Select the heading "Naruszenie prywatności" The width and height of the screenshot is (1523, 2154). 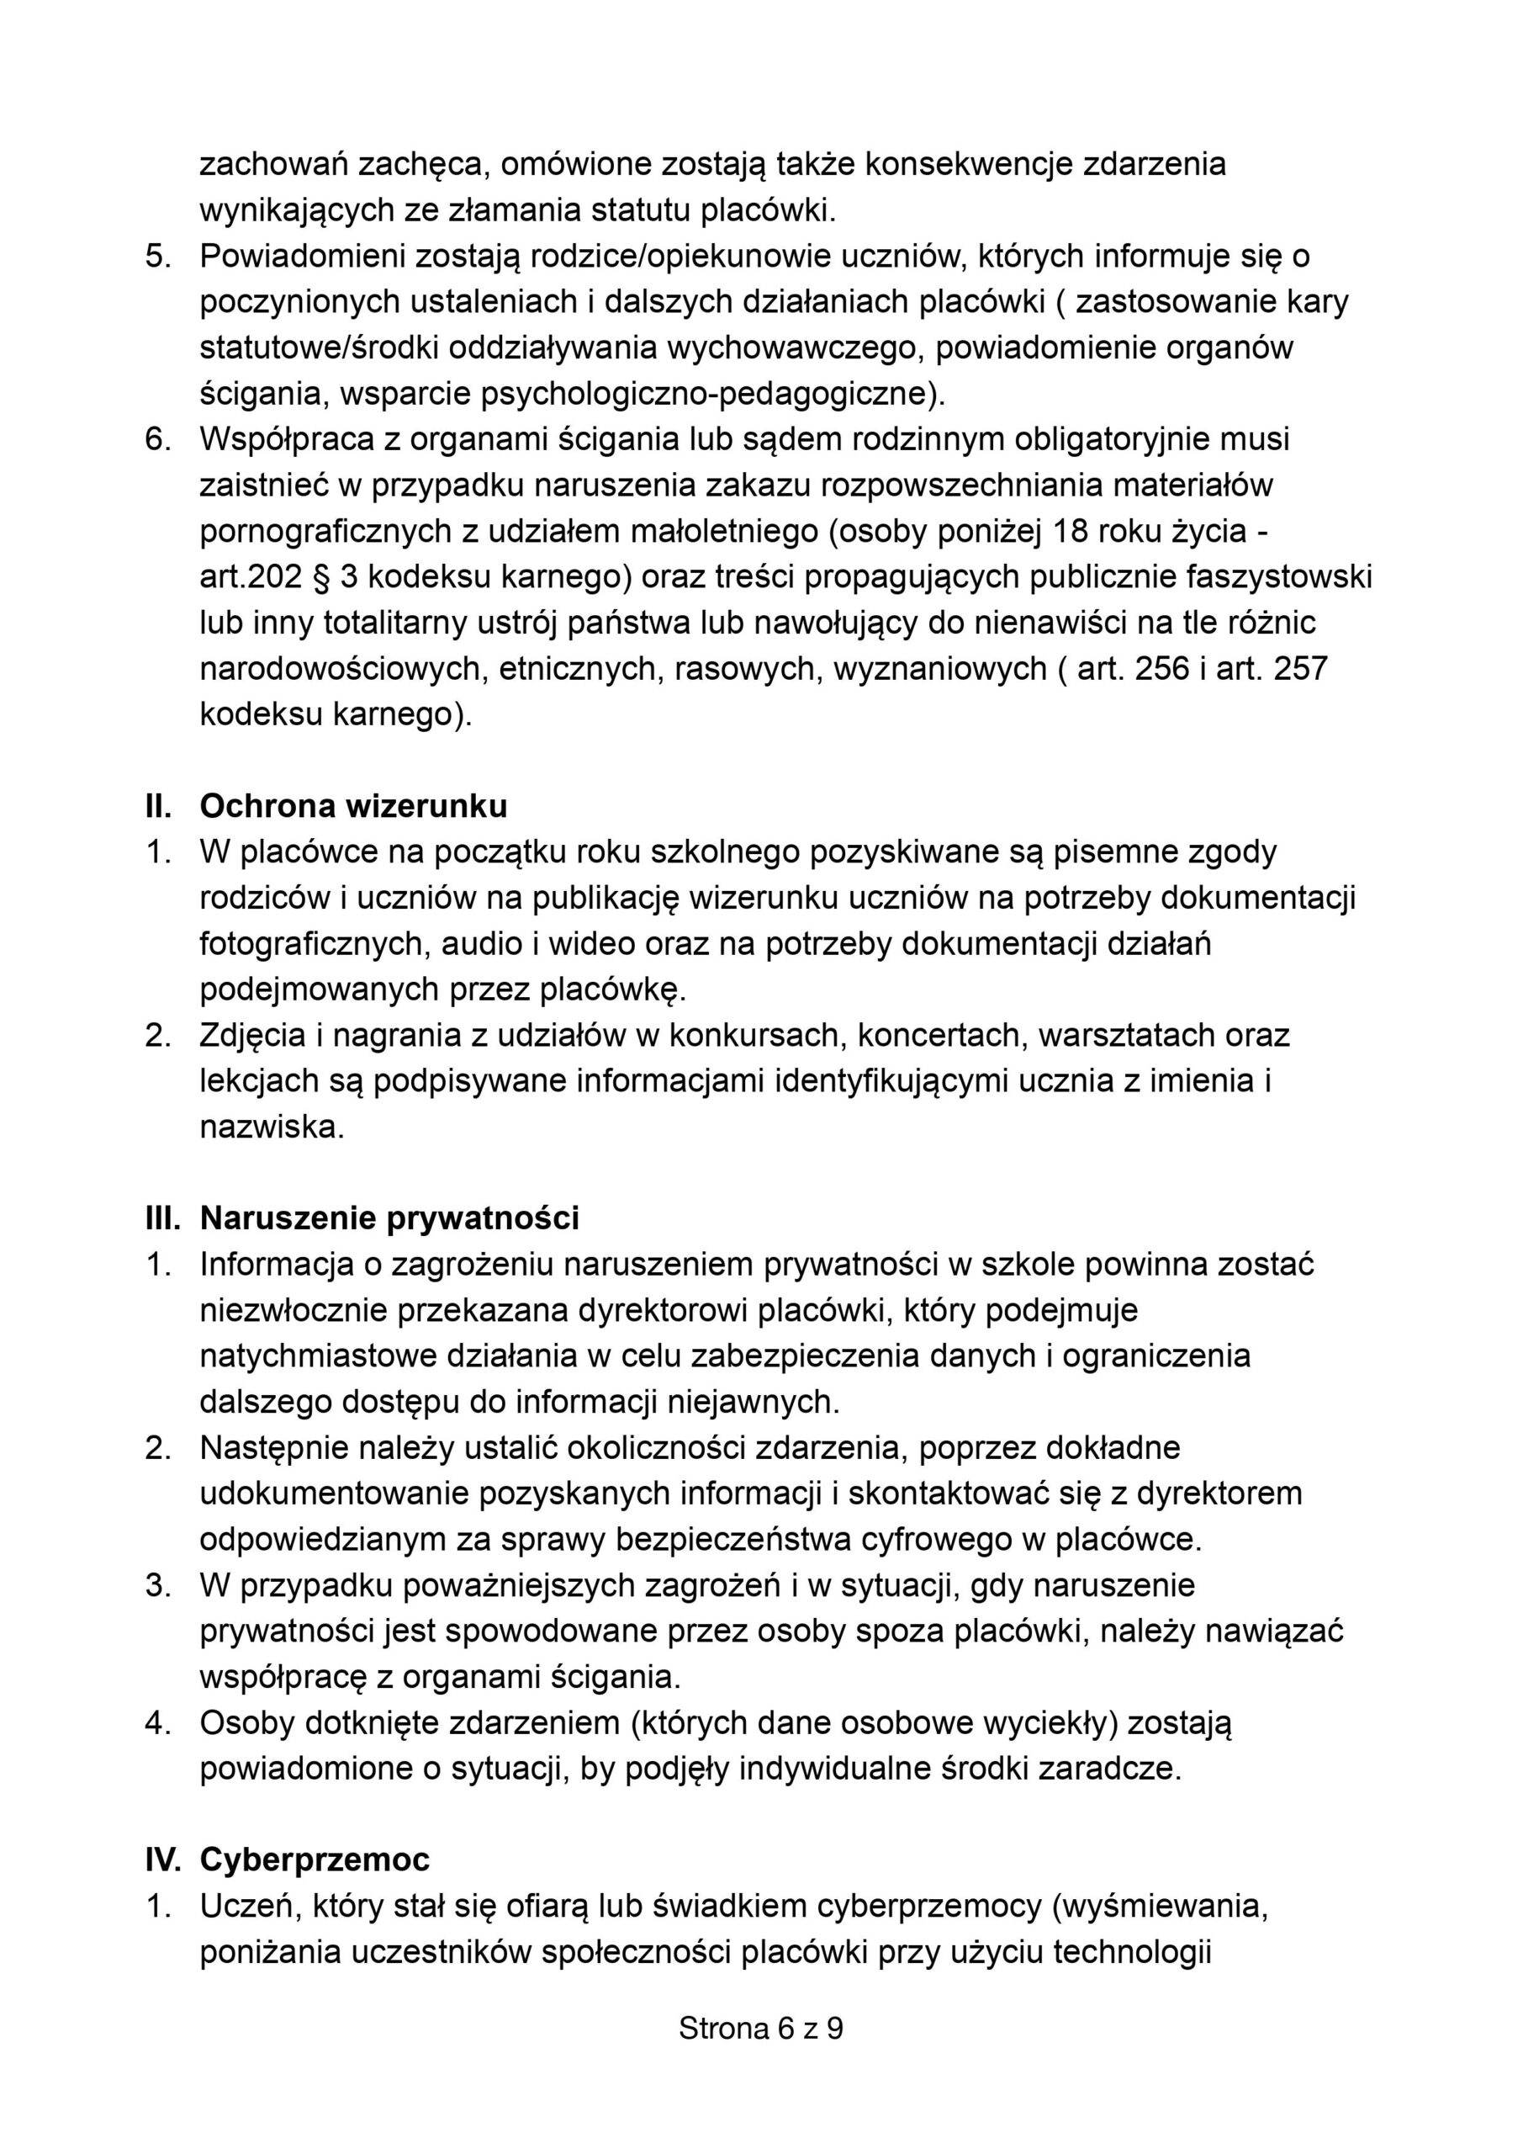point(389,1218)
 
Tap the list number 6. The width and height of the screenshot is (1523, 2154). point(156,439)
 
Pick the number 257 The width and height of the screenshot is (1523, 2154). point(1300,669)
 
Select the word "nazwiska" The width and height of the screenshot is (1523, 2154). point(270,1127)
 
